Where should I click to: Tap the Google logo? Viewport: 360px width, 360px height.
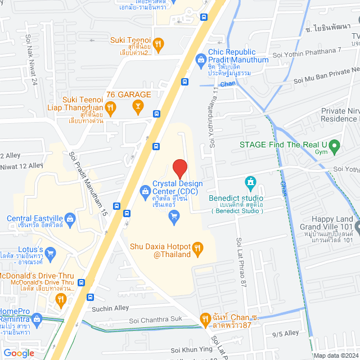click(x=19, y=353)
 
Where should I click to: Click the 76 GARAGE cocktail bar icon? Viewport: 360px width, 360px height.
click(x=137, y=105)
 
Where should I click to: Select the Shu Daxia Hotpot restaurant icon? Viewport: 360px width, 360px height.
click(x=197, y=247)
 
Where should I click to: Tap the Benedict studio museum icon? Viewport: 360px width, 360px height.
click(x=250, y=183)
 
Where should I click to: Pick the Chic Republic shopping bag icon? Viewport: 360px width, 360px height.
click(x=200, y=58)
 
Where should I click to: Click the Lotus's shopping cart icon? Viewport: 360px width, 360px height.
click(x=50, y=253)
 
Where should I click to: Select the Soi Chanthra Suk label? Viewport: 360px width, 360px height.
click(x=157, y=319)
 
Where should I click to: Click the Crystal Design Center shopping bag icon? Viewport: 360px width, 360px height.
click(x=146, y=192)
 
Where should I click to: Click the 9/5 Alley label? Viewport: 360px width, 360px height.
click(x=285, y=333)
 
